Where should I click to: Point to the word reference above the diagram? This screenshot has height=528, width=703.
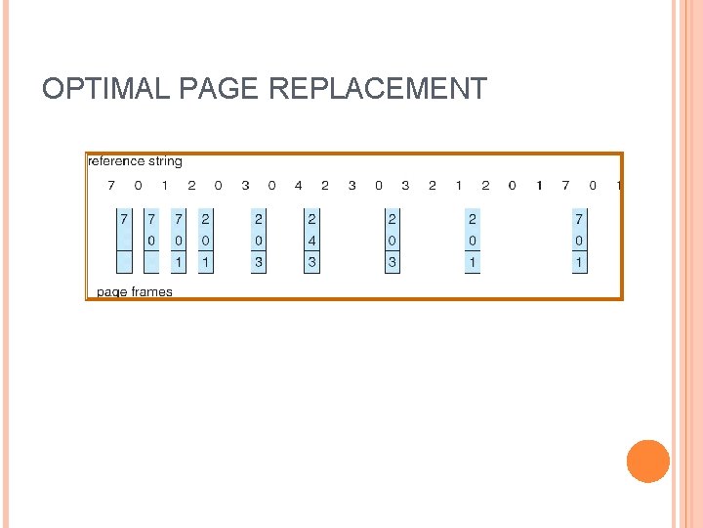tap(117, 161)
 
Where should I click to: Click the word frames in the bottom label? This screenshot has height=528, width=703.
tap(150, 291)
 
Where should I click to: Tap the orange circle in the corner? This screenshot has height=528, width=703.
tap(647, 461)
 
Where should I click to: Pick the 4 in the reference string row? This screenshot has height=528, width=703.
tap(298, 186)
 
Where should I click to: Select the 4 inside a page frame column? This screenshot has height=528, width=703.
tap(312, 241)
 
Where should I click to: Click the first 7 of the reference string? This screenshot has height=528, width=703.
tap(110, 186)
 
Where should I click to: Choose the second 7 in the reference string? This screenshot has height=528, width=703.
tap(565, 186)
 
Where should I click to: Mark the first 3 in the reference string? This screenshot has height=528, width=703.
tap(245, 186)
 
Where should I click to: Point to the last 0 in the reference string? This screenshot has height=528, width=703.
tap(592, 186)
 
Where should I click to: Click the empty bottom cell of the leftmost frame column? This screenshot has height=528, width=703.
tap(124, 262)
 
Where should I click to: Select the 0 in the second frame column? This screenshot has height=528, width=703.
tap(151, 241)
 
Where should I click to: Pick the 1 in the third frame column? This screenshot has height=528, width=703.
tap(178, 262)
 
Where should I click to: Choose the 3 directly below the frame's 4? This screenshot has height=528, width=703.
tap(312, 262)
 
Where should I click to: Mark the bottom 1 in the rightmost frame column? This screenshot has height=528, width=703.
tap(579, 262)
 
